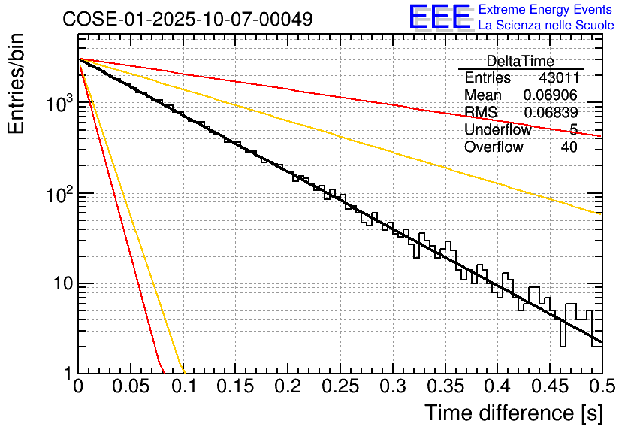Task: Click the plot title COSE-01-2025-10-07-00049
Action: (x=188, y=19)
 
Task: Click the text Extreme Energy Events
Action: (x=545, y=10)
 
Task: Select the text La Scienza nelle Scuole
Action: (x=546, y=26)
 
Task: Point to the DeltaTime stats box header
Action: (x=521, y=61)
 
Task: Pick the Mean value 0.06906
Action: (x=550, y=95)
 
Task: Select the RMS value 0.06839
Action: (x=550, y=112)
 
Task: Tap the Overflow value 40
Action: (x=569, y=147)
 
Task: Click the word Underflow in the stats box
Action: (x=497, y=129)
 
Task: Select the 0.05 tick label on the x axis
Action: (x=131, y=388)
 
